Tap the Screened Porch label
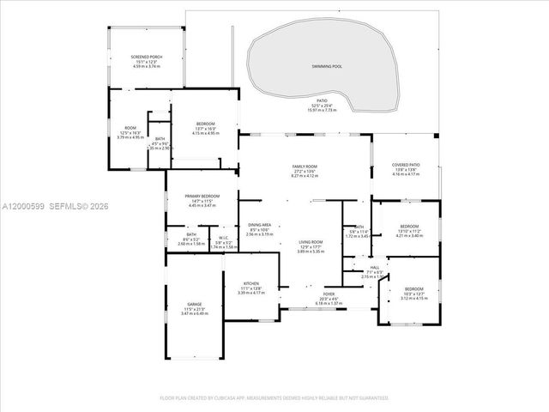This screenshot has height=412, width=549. [147, 57]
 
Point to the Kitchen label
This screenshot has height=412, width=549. [251, 283]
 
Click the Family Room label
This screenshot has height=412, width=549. [305, 166]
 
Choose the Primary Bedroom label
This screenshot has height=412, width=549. [202, 197]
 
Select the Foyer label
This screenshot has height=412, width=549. [329, 294]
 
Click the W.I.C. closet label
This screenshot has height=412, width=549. [222, 238]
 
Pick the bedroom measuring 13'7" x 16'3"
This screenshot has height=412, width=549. [206, 124]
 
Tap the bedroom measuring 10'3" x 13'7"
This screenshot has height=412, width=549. [413, 288]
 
